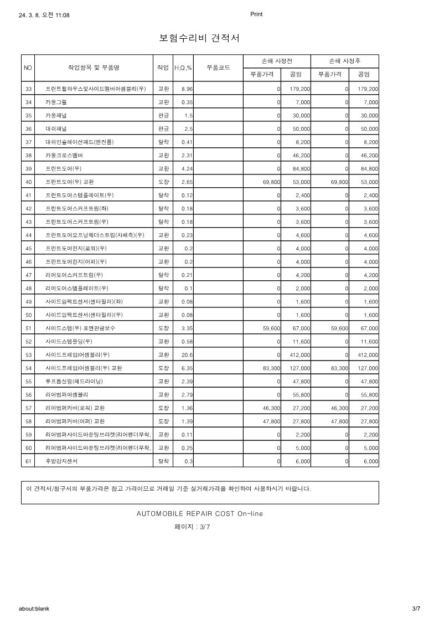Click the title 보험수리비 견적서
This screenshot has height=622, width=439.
point(199,38)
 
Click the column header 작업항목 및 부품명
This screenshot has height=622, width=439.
point(94,68)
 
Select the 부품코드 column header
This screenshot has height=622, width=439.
point(218,68)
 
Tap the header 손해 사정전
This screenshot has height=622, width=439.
point(277,61)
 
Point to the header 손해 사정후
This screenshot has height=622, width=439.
point(345,61)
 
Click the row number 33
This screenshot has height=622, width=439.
point(28,89)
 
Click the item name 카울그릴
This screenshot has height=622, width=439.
point(58,102)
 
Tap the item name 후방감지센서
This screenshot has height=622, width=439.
point(61,461)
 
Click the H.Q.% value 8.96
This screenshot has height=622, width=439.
point(187,89)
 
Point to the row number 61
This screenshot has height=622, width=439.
point(28,461)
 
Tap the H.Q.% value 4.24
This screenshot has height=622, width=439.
point(187,168)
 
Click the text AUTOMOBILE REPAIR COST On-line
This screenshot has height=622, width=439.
point(199,513)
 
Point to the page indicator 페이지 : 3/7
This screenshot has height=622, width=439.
point(192,527)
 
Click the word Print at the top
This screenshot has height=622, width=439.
point(256,14)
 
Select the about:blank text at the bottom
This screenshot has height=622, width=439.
point(34,609)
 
